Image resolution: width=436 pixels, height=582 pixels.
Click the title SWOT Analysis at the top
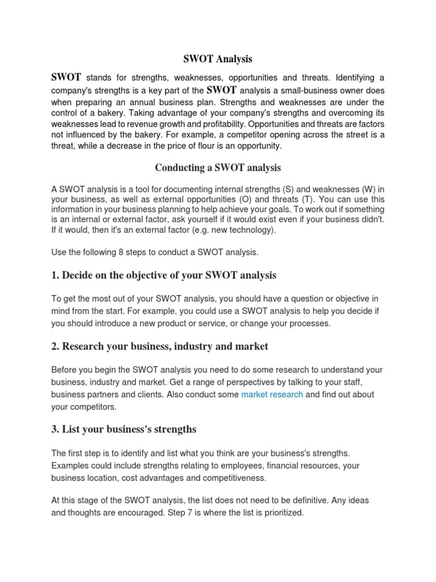pos(217,59)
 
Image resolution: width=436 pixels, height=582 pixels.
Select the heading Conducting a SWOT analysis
pos(218,168)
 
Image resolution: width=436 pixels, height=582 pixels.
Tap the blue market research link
pos(272,394)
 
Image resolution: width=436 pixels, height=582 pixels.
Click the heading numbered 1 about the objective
pos(163,276)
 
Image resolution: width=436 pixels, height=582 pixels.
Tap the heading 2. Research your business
pos(160,346)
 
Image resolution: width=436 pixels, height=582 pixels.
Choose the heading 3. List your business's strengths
pos(124,429)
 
